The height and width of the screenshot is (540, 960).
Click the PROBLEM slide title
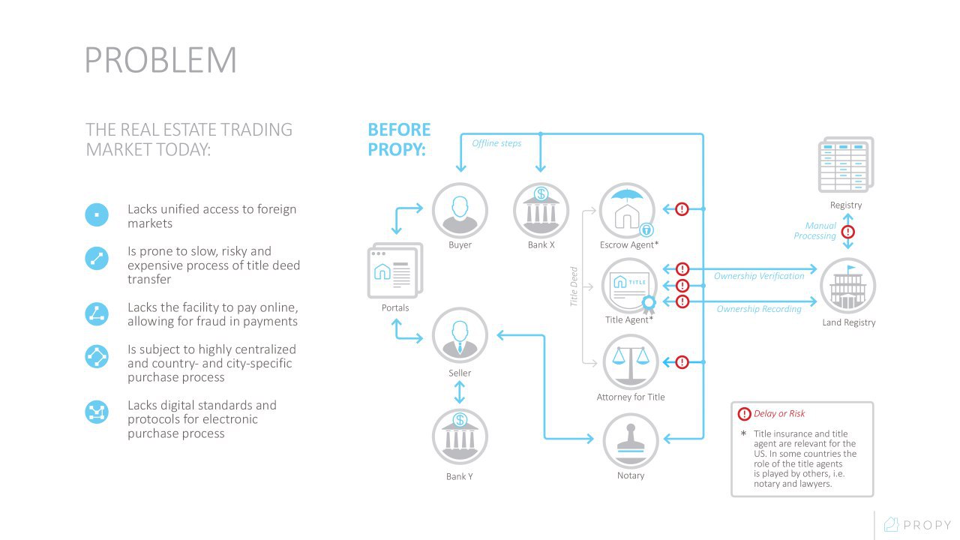tap(160, 60)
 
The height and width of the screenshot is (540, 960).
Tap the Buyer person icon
tap(460, 211)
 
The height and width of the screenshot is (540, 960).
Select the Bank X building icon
tap(541, 211)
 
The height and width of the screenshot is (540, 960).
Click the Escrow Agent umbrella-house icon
tap(628, 211)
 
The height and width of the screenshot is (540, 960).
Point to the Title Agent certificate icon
tap(629, 286)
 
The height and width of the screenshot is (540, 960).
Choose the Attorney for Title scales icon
tap(631, 362)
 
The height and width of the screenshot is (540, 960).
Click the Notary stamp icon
tap(631, 441)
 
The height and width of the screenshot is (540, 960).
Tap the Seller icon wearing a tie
tap(460, 335)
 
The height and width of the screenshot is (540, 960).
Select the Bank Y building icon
tap(460, 436)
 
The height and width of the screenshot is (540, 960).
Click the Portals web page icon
tap(395, 271)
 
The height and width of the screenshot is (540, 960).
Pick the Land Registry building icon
tap(847, 286)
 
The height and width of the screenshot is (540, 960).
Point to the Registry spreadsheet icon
tap(845, 164)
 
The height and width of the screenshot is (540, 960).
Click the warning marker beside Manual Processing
tap(848, 232)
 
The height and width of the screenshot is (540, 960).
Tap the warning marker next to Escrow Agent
tap(682, 209)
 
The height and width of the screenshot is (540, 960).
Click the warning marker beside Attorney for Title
tap(682, 362)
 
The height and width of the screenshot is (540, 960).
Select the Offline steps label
tap(496, 143)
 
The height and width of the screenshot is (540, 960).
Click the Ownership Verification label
tap(759, 276)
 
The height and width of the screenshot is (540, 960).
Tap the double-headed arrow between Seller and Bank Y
tap(460, 392)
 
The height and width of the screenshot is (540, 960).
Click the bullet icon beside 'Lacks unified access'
tap(97, 214)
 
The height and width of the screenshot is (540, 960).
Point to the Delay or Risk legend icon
tap(744, 414)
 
